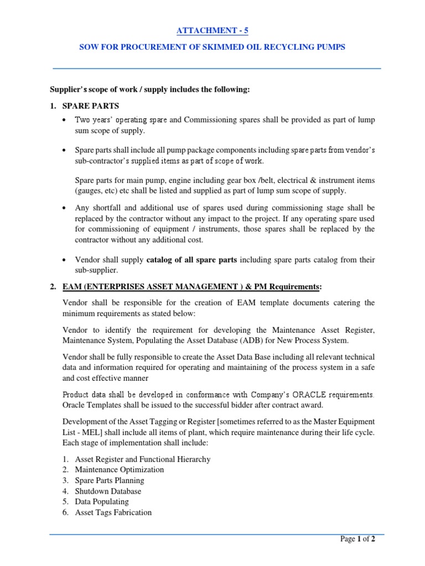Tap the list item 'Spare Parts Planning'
[x=110, y=480]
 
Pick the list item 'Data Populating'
[x=102, y=502]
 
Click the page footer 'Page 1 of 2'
[x=357, y=539]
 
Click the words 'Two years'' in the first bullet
[x=92, y=120]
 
